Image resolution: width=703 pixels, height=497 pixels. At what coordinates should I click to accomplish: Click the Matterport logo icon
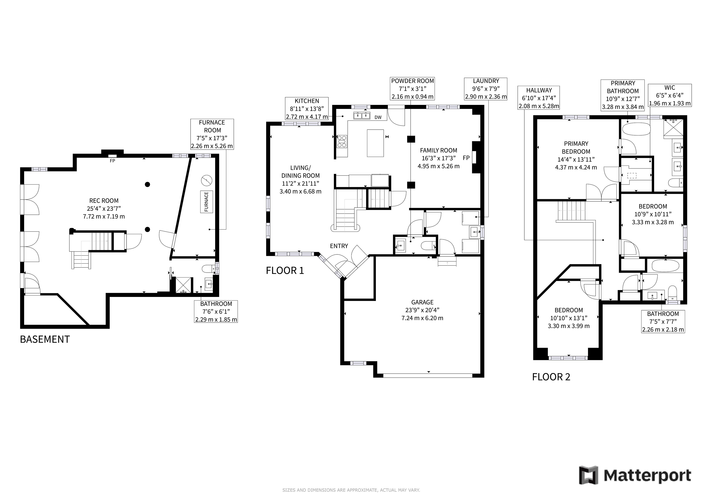(588, 475)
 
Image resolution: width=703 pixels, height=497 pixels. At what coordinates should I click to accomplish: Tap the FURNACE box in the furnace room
(206, 202)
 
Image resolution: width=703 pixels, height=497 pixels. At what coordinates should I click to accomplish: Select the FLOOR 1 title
(285, 270)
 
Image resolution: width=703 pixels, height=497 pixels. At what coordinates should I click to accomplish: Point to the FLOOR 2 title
(551, 377)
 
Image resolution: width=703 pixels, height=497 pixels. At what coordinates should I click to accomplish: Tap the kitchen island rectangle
(375, 143)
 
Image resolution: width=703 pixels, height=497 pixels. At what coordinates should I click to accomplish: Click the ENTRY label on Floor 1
(339, 246)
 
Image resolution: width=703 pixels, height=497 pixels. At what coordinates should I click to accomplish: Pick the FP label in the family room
(466, 158)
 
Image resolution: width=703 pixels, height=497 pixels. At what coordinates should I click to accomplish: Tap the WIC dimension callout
(670, 95)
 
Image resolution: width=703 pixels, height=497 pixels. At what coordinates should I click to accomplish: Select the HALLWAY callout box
(539, 98)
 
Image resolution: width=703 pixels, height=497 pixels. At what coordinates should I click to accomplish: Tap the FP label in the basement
(112, 161)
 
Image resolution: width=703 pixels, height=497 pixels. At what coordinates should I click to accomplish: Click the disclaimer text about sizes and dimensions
(351, 490)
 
